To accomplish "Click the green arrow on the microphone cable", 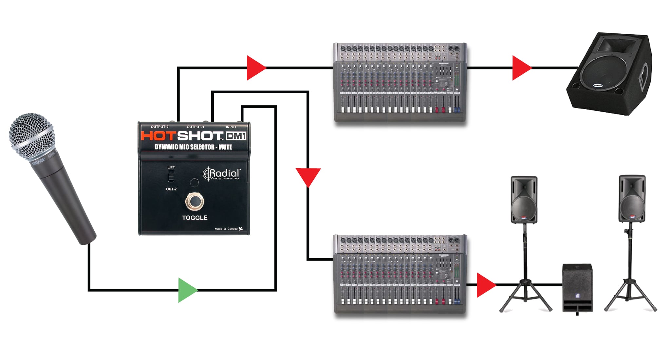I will (187, 290).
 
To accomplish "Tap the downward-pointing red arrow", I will (308, 176).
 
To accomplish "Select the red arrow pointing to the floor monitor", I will (521, 68).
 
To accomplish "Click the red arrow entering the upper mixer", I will (255, 68).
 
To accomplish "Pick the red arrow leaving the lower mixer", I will (485, 285).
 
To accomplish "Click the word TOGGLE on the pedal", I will (195, 218).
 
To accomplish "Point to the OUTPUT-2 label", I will (159, 127).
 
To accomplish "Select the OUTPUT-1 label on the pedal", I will (195, 127).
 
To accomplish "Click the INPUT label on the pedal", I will (231, 127).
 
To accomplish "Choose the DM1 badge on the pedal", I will (236, 136).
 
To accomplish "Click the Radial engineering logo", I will (222, 174).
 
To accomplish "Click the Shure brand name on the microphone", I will (39, 161).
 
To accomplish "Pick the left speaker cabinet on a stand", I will (524, 200).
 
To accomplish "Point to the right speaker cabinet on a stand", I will (632, 199).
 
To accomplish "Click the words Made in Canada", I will (226, 229).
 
